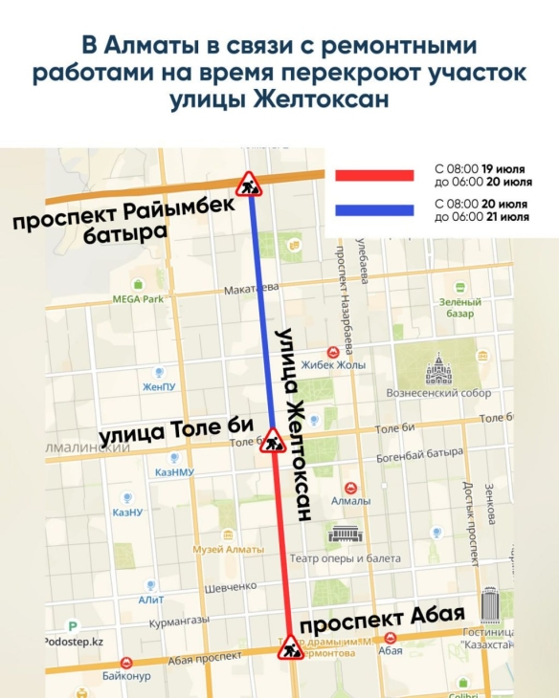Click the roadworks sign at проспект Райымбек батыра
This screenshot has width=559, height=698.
pos(249,184)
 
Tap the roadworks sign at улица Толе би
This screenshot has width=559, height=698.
pos(275,440)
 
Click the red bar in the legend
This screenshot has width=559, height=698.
pos(374,175)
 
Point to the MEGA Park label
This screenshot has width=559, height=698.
pos(139,298)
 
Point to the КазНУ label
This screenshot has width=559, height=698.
pos(127,513)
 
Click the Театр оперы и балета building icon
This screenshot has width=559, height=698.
pos(343,534)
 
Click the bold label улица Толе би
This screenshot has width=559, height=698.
pos(178,433)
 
